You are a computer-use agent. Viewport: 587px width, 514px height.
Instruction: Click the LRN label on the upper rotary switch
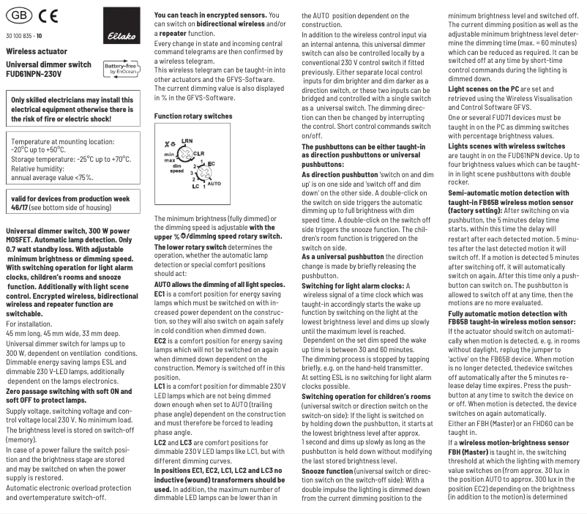[x=187, y=141]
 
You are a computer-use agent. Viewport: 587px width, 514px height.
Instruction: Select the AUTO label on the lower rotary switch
[x=214, y=184]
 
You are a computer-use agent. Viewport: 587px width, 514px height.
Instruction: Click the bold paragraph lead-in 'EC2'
[x=160, y=340]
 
